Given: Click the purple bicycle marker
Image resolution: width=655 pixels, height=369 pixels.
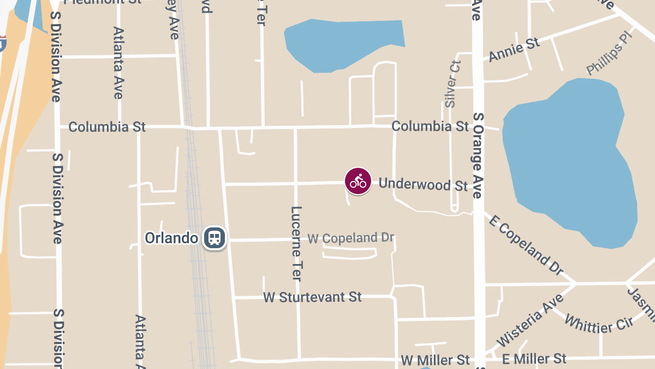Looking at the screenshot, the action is [358, 181].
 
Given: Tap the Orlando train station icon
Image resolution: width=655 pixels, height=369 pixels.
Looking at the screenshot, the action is [215, 238].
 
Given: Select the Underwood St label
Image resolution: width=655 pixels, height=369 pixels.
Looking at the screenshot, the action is [423, 184].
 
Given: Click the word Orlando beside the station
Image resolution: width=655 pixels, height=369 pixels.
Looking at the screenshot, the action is [171, 238].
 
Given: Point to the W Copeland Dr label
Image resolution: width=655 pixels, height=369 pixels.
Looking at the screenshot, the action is [350, 238].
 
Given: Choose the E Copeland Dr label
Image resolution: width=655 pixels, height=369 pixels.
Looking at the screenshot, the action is [526, 244].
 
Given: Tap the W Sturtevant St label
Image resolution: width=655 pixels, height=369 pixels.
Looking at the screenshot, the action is [312, 297].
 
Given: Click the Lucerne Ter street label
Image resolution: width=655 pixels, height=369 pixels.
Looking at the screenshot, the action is [296, 243].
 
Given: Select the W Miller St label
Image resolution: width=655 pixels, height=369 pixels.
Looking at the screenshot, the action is [435, 360].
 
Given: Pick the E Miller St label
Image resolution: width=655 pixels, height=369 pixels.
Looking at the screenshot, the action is [534, 359].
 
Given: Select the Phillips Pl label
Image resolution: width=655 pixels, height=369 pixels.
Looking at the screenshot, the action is [608, 54].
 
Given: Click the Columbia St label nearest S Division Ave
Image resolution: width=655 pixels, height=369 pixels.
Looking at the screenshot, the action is [107, 127].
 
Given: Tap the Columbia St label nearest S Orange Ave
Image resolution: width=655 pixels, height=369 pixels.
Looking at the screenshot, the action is [430, 126].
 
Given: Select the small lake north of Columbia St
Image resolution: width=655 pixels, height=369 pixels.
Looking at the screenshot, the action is [344, 44].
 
